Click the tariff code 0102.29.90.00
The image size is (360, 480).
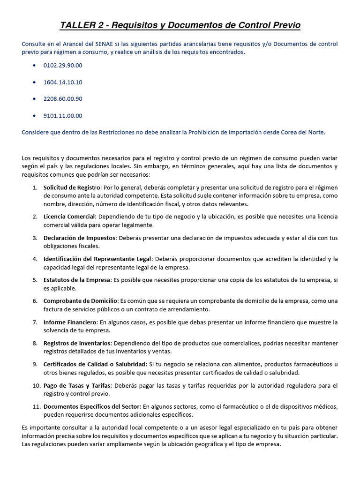(x=62, y=65)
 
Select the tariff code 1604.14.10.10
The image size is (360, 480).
(x=62, y=82)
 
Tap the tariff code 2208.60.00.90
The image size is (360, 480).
(x=62, y=99)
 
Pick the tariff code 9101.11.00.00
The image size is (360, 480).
(x=62, y=116)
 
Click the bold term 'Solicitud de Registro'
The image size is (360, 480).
(x=72, y=187)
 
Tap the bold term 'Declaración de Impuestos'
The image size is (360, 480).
(x=79, y=238)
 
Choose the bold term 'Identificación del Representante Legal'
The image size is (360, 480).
(x=97, y=259)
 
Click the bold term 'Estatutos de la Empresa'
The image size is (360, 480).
(x=77, y=280)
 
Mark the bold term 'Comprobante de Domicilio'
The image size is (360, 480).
(x=81, y=301)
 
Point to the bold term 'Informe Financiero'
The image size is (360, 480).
(x=70, y=322)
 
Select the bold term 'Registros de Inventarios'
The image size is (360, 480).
(x=77, y=344)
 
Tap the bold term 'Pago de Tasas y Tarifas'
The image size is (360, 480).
(x=76, y=386)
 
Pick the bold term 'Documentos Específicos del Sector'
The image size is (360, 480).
(x=91, y=407)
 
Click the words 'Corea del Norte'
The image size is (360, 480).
(x=304, y=132)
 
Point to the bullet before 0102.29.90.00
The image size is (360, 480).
(x=34, y=65)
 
